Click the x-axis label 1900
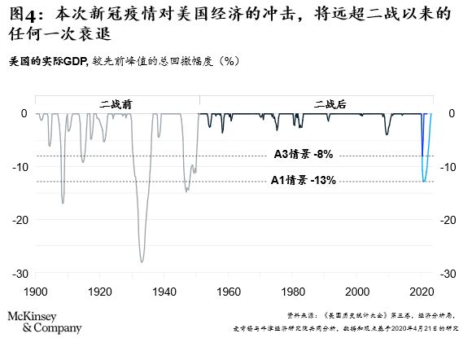click(x=36, y=292)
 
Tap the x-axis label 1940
click(x=164, y=292)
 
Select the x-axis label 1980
click(x=293, y=292)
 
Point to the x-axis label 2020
click(x=422, y=292)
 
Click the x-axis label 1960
click(x=229, y=292)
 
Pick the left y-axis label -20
click(x=20, y=220)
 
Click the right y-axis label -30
click(x=448, y=274)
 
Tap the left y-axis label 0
click(x=24, y=113)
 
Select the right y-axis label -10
click(x=448, y=167)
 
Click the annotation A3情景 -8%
click(x=304, y=154)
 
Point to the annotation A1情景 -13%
click(x=303, y=180)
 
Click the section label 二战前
click(x=116, y=104)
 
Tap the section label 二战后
click(x=330, y=104)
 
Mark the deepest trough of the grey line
click(x=142, y=261)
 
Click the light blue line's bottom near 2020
click(x=424, y=181)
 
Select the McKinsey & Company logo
click(x=45, y=322)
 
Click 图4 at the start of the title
click(x=24, y=15)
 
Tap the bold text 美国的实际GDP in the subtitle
click(x=48, y=61)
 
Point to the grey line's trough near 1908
click(x=63, y=203)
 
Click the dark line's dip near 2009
click(x=387, y=134)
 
